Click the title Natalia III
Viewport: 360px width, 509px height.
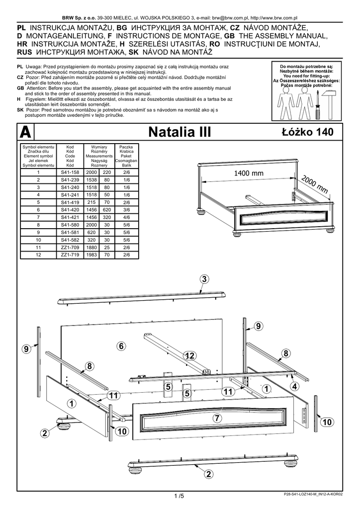(180, 132)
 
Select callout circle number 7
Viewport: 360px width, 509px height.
(216, 418)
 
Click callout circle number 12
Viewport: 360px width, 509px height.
(188, 355)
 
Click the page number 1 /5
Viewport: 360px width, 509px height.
(180, 496)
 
